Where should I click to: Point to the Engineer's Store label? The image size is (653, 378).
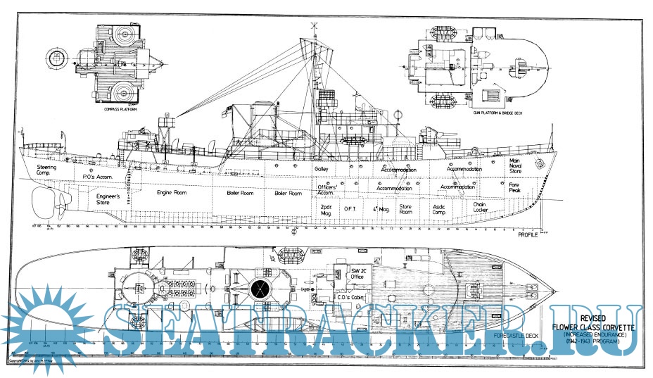(x=108, y=200)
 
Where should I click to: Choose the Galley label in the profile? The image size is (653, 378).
(x=323, y=170)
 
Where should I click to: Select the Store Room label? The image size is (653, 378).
(x=405, y=209)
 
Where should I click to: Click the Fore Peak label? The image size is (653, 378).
(x=516, y=188)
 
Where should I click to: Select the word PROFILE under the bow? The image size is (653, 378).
(x=532, y=235)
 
